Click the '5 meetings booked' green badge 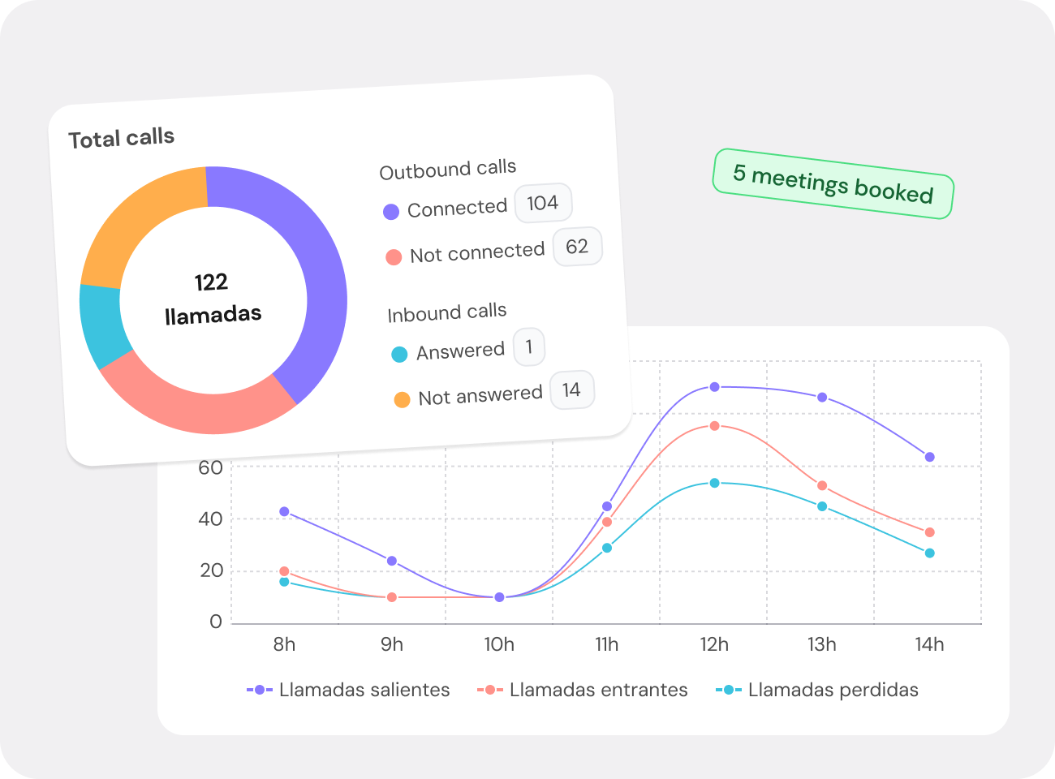coord(833,183)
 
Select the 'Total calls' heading coord(122,139)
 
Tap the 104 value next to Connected coord(543,203)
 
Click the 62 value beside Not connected coord(577,247)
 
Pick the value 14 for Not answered coord(571,390)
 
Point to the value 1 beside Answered coord(529,347)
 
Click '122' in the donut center coord(211,282)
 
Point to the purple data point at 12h coord(714,387)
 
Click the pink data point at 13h coord(822,486)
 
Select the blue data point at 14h coord(929,553)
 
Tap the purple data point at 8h coord(284,512)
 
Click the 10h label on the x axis coord(499,644)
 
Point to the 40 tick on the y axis coord(210,519)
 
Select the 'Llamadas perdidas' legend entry coord(818,690)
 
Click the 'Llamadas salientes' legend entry coord(349,690)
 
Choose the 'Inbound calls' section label coord(447,312)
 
